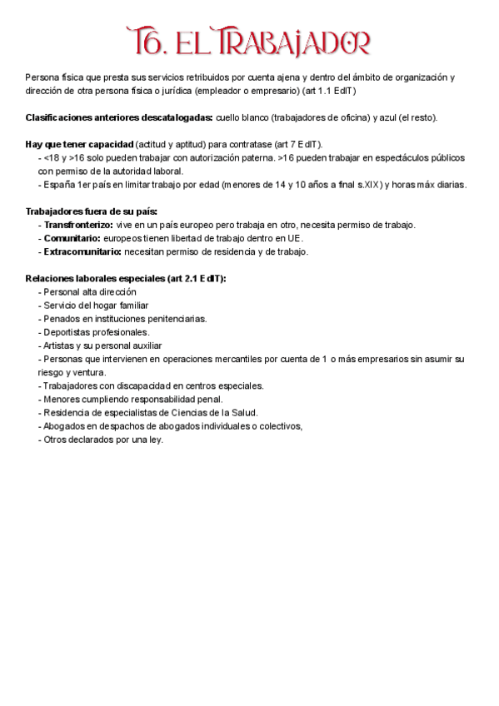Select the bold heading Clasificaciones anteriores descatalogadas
click(119, 117)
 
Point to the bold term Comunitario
click(72, 238)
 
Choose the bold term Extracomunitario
click(82, 251)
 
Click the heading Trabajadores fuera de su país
click(92, 211)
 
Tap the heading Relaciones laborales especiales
click(126, 279)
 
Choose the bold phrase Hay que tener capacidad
click(79, 144)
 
